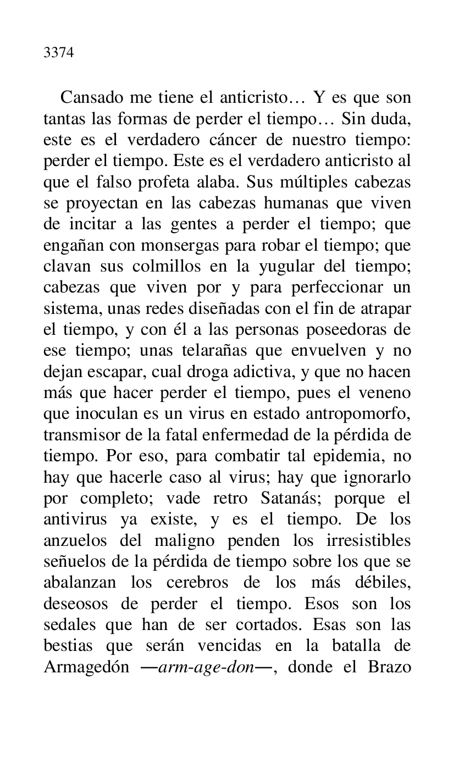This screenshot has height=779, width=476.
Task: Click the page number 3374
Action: pos(59,53)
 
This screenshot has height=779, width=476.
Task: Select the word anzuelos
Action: pos(74,541)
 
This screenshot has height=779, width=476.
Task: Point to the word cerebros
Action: pos(209,583)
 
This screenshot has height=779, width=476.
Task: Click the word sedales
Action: pos(69,626)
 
